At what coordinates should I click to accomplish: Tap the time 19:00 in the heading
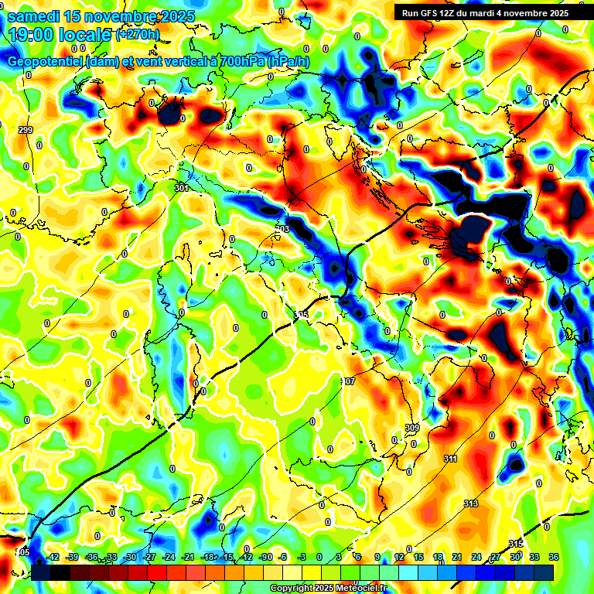tap(32, 33)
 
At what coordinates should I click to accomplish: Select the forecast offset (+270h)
tap(138, 34)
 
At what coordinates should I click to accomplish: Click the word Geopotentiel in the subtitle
tap(46, 62)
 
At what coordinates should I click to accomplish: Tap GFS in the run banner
tap(435, 12)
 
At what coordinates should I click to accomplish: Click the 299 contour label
tap(26, 130)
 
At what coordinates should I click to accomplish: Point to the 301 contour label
tap(183, 188)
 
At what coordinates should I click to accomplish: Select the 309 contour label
tap(411, 428)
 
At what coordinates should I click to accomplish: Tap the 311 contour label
tap(449, 459)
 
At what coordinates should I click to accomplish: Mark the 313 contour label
tap(470, 504)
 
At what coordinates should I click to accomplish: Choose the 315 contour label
tap(516, 544)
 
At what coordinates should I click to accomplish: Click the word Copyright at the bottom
tap(292, 589)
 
